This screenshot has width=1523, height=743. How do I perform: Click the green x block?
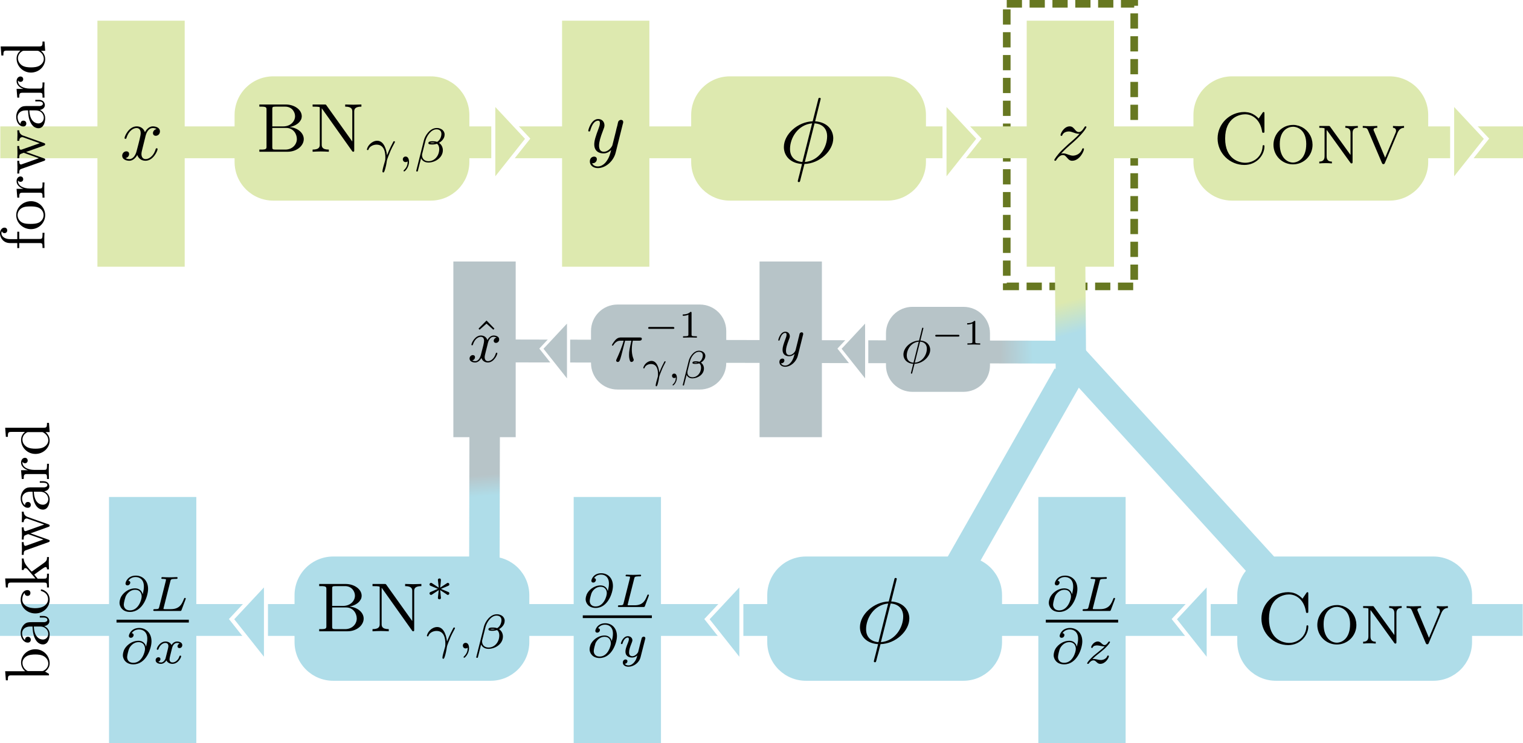click(141, 143)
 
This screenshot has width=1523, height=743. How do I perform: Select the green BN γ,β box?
click(352, 138)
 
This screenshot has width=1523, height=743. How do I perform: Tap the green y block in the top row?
click(605, 143)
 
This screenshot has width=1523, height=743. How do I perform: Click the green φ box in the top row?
click(808, 138)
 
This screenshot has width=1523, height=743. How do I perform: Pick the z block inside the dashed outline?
click(1070, 143)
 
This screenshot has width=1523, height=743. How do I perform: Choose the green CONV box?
click(1310, 138)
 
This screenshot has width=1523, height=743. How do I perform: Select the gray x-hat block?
click(484, 349)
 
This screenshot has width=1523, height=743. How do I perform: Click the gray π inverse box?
click(658, 347)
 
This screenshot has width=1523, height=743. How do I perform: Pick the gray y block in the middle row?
click(790, 349)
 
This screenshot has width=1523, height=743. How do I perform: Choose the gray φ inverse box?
click(938, 349)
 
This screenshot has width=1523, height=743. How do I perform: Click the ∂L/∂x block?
click(152, 619)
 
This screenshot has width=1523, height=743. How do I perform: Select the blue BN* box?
click(411, 619)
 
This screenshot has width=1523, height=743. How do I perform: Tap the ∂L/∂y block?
click(617, 619)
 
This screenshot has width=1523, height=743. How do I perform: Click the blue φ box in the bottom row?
click(884, 619)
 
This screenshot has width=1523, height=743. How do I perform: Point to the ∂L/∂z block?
click(1081, 619)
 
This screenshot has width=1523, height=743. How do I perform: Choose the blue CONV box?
click(1354, 619)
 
